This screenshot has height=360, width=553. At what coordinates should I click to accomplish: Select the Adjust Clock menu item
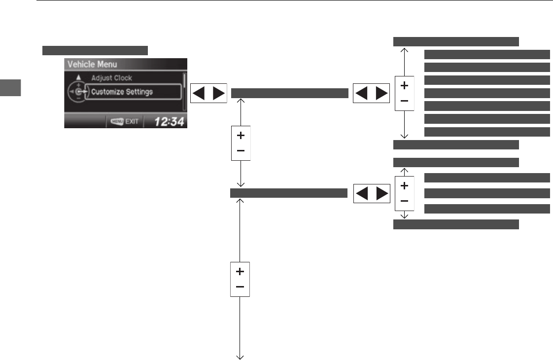[111, 78]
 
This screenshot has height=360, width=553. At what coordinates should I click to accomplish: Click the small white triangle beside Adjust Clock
[78, 77]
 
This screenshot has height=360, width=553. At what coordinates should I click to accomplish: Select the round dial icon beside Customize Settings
[77, 92]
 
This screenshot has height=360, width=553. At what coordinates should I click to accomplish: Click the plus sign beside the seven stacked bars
[404, 85]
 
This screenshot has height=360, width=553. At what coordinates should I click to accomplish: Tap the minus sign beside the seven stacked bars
[404, 101]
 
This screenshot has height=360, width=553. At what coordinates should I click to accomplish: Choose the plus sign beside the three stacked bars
[404, 186]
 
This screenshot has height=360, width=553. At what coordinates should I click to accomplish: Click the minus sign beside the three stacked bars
[404, 201]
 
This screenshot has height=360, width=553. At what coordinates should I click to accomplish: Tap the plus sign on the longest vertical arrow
[240, 271]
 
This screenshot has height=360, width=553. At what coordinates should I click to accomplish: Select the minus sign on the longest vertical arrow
[240, 287]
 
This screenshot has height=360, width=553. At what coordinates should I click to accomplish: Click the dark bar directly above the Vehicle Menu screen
[95, 50]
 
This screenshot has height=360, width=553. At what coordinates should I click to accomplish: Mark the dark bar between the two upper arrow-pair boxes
[289, 93]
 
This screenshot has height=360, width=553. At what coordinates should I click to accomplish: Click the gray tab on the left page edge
[11, 88]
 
